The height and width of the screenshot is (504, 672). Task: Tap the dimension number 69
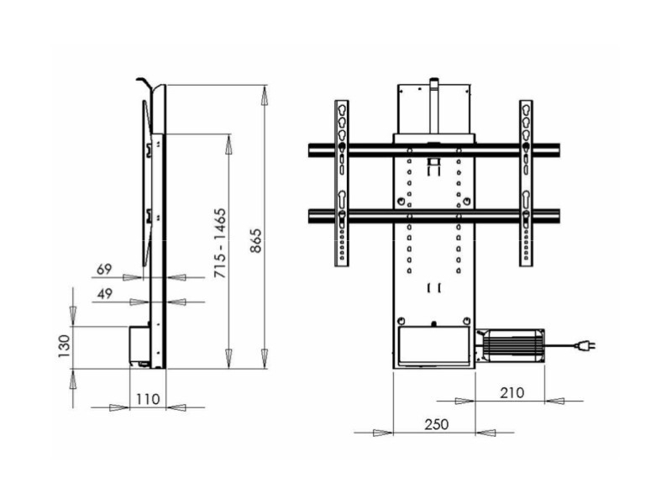(x=105, y=270)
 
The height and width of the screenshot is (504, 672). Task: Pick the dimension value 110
(x=147, y=400)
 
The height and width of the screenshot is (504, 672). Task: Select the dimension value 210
(x=511, y=392)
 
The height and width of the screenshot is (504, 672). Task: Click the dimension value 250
(x=434, y=424)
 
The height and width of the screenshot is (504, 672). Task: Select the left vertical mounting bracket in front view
(x=342, y=183)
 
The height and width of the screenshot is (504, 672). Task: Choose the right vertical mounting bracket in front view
(x=526, y=183)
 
